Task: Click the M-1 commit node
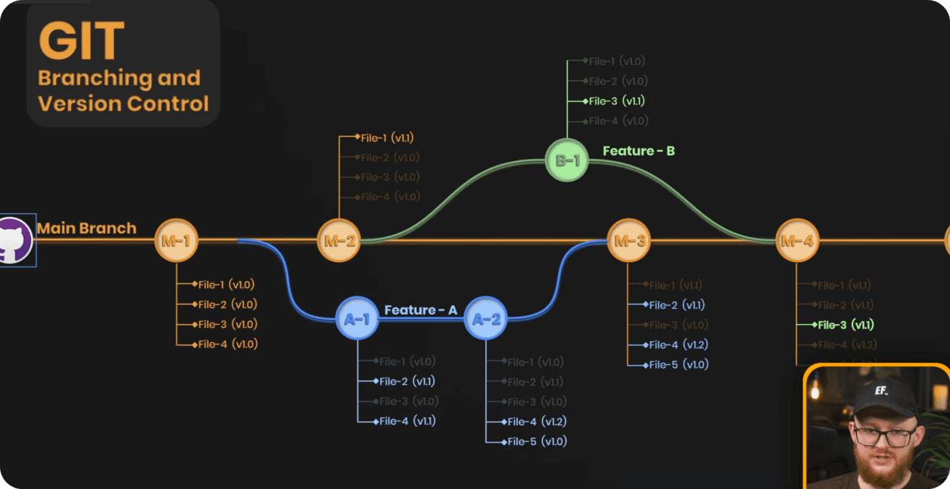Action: tap(176, 241)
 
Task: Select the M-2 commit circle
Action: tap(339, 241)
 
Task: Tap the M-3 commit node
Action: tap(629, 241)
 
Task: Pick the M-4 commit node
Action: tap(797, 241)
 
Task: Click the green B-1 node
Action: tap(567, 159)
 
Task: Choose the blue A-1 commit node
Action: tap(357, 319)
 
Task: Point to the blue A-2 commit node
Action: tap(486, 319)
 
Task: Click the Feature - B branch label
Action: tap(639, 151)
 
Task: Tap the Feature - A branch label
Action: tap(420, 310)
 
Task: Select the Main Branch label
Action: tap(86, 228)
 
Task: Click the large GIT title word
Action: tap(81, 41)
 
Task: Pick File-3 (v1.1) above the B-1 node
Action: tap(616, 101)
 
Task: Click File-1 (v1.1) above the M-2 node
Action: tap(387, 138)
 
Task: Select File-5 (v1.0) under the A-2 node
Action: tap(537, 441)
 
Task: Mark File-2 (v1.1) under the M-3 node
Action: tap(677, 305)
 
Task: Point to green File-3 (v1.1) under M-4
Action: tap(845, 325)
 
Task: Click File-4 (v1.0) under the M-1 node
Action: tap(228, 344)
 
